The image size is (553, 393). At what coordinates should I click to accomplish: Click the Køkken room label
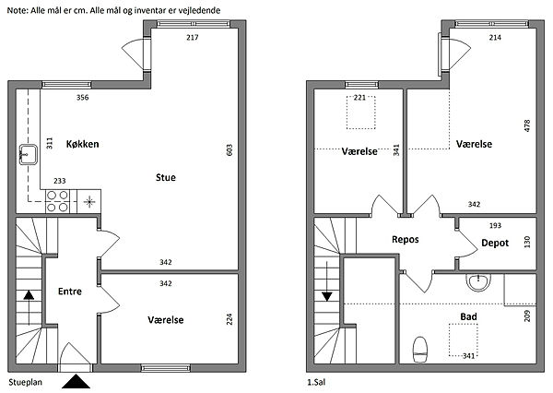[x=83, y=144]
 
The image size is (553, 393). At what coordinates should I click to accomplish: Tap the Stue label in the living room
[x=166, y=177]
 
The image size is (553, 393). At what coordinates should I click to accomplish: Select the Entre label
[x=70, y=292]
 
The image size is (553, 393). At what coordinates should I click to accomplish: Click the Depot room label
[x=495, y=243]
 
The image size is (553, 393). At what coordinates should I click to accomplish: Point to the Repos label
[x=406, y=240]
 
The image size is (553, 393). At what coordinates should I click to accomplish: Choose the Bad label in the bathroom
[x=469, y=316]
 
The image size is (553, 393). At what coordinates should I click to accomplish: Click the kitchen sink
[x=29, y=154]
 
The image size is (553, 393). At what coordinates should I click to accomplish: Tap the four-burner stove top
[x=57, y=201]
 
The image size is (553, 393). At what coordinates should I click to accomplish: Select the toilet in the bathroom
[x=420, y=350]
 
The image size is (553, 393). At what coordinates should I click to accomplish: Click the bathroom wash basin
[x=478, y=281]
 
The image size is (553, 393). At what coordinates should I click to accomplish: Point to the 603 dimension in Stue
[x=229, y=150]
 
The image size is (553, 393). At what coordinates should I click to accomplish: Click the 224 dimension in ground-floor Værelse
[x=229, y=319]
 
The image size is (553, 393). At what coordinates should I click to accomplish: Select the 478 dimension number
[x=527, y=126]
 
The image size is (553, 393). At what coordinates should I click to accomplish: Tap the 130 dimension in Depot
[x=527, y=243]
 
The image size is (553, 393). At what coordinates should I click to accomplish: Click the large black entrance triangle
[x=76, y=382]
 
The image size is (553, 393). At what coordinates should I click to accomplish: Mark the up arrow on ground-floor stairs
[x=29, y=307]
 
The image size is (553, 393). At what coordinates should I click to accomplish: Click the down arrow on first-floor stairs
[x=327, y=281]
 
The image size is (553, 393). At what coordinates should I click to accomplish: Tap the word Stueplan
[x=26, y=383]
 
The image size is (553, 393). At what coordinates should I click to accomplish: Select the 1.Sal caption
[x=316, y=382]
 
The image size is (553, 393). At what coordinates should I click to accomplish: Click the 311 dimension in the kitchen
[x=50, y=143]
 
